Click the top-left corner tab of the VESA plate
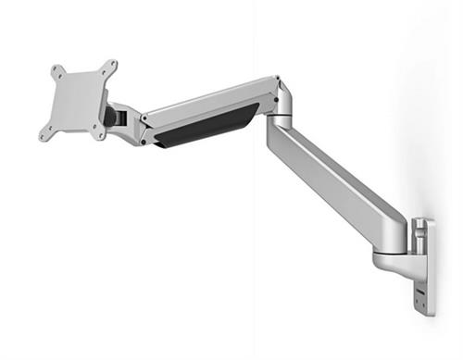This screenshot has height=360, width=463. click(x=56, y=69)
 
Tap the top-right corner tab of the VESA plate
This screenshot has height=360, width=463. click(x=112, y=66)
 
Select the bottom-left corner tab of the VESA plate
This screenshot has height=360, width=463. click(x=44, y=135)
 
